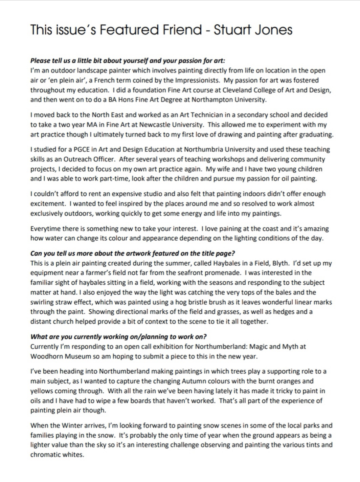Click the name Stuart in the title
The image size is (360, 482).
pyautogui.click(x=230, y=30)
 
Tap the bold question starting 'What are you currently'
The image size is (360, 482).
pyautogui.click(x=118, y=337)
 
